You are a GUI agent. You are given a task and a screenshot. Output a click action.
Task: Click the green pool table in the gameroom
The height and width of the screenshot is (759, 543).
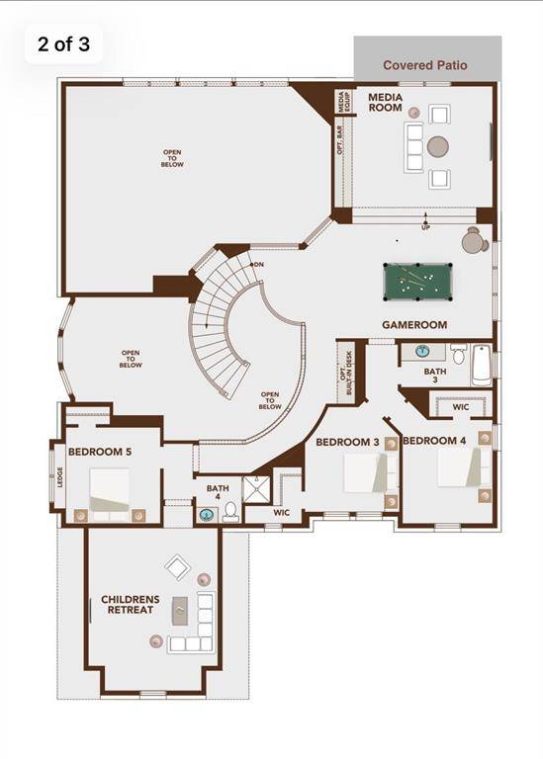[417, 282]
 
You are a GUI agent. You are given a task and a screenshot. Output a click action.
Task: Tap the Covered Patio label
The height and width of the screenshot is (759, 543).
[425, 65]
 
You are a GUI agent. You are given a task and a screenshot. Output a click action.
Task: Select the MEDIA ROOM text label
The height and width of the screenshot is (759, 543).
[385, 103]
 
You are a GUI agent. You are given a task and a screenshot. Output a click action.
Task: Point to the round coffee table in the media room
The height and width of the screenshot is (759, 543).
[438, 146]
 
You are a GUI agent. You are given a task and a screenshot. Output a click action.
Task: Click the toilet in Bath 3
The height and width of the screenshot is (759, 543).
[458, 354]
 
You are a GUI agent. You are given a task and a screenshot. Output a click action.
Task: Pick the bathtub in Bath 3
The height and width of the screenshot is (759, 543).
[482, 366]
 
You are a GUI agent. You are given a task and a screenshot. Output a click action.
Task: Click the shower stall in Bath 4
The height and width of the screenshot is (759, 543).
[257, 489]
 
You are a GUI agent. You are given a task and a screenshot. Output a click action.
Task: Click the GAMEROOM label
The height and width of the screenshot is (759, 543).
[414, 325]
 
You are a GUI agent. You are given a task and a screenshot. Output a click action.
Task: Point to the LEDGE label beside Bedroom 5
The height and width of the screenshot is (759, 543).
[60, 476]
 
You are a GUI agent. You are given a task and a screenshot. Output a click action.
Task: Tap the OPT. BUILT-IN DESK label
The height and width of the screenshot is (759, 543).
[346, 373]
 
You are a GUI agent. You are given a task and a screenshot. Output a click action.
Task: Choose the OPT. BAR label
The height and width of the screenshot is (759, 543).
[340, 140]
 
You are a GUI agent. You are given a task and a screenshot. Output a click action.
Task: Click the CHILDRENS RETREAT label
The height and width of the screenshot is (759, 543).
[131, 605]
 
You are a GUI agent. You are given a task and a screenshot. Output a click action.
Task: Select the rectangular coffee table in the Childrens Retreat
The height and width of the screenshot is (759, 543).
[180, 611]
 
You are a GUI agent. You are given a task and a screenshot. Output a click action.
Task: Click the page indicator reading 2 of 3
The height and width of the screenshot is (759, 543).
[63, 44]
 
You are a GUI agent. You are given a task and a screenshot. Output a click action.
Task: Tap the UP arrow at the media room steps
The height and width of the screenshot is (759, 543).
[425, 218]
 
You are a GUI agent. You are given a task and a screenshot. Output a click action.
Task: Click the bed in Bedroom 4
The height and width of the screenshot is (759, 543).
[464, 467]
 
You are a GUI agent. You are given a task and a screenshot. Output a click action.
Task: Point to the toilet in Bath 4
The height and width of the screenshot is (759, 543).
[230, 512]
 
